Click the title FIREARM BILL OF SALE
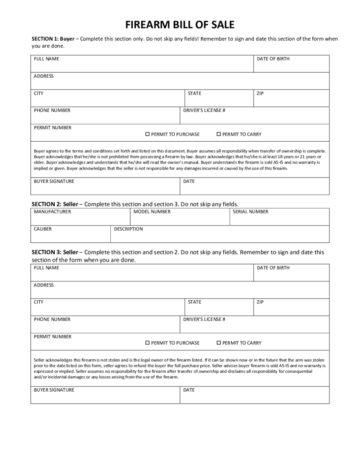(x=180, y=25)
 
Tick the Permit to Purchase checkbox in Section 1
(x=147, y=134)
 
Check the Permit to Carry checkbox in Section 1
(x=218, y=134)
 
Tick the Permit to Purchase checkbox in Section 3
(x=147, y=343)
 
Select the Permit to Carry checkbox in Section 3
(x=218, y=343)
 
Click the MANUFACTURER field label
(x=52, y=212)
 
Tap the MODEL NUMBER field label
(x=152, y=212)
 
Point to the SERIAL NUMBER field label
(x=250, y=212)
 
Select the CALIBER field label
(x=43, y=229)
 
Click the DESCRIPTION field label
(x=128, y=229)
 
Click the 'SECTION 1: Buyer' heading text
(x=53, y=39)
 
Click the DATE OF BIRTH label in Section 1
(x=273, y=59)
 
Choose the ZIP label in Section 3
(x=260, y=302)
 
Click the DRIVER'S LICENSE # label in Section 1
(x=204, y=110)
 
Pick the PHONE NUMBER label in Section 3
(x=52, y=319)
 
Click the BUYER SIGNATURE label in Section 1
(x=54, y=181)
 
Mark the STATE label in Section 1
(x=194, y=93)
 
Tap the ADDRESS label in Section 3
(x=44, y=285)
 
